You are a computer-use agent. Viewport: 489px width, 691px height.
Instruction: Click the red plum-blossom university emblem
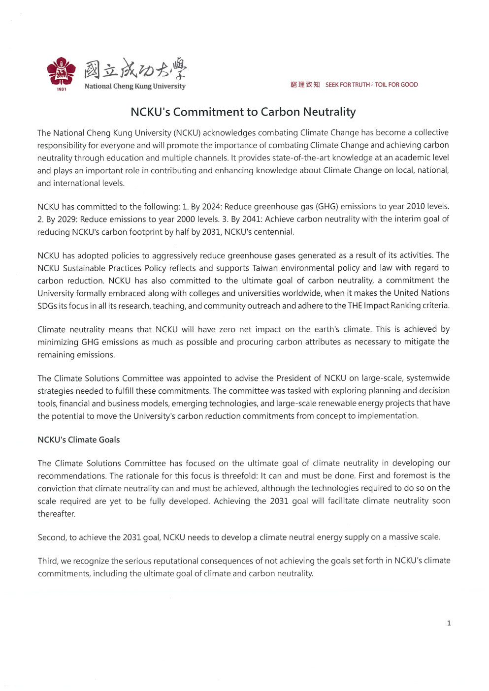coord(62,71)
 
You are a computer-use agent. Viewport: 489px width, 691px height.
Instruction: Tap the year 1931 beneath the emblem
coord(62,89)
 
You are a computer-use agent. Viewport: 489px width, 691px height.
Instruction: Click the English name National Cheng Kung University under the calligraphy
coord(135,86)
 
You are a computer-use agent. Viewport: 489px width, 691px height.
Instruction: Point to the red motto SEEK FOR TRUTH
coord(347,85)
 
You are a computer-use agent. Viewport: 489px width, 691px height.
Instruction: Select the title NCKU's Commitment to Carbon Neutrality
coord(243,112)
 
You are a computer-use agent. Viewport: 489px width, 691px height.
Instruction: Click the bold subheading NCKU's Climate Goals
coord(79,440)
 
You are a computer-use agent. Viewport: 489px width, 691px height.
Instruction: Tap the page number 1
coord(449,623)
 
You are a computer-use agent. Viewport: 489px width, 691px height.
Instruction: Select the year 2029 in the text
coord(67,219)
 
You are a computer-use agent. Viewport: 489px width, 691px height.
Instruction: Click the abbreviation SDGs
coord(47,305)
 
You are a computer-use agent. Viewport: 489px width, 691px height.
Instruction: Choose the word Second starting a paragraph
coord(51,537)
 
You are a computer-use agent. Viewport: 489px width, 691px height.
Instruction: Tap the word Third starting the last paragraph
coord(47,561)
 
